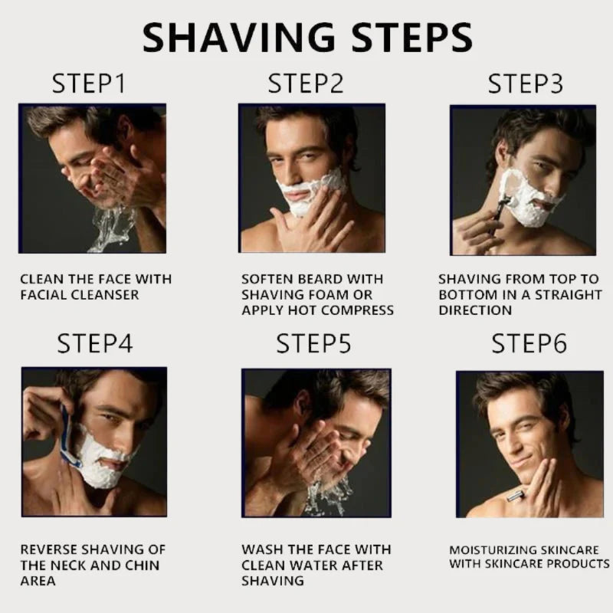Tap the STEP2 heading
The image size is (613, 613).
(304, 84)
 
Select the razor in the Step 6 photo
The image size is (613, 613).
(516, 497)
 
